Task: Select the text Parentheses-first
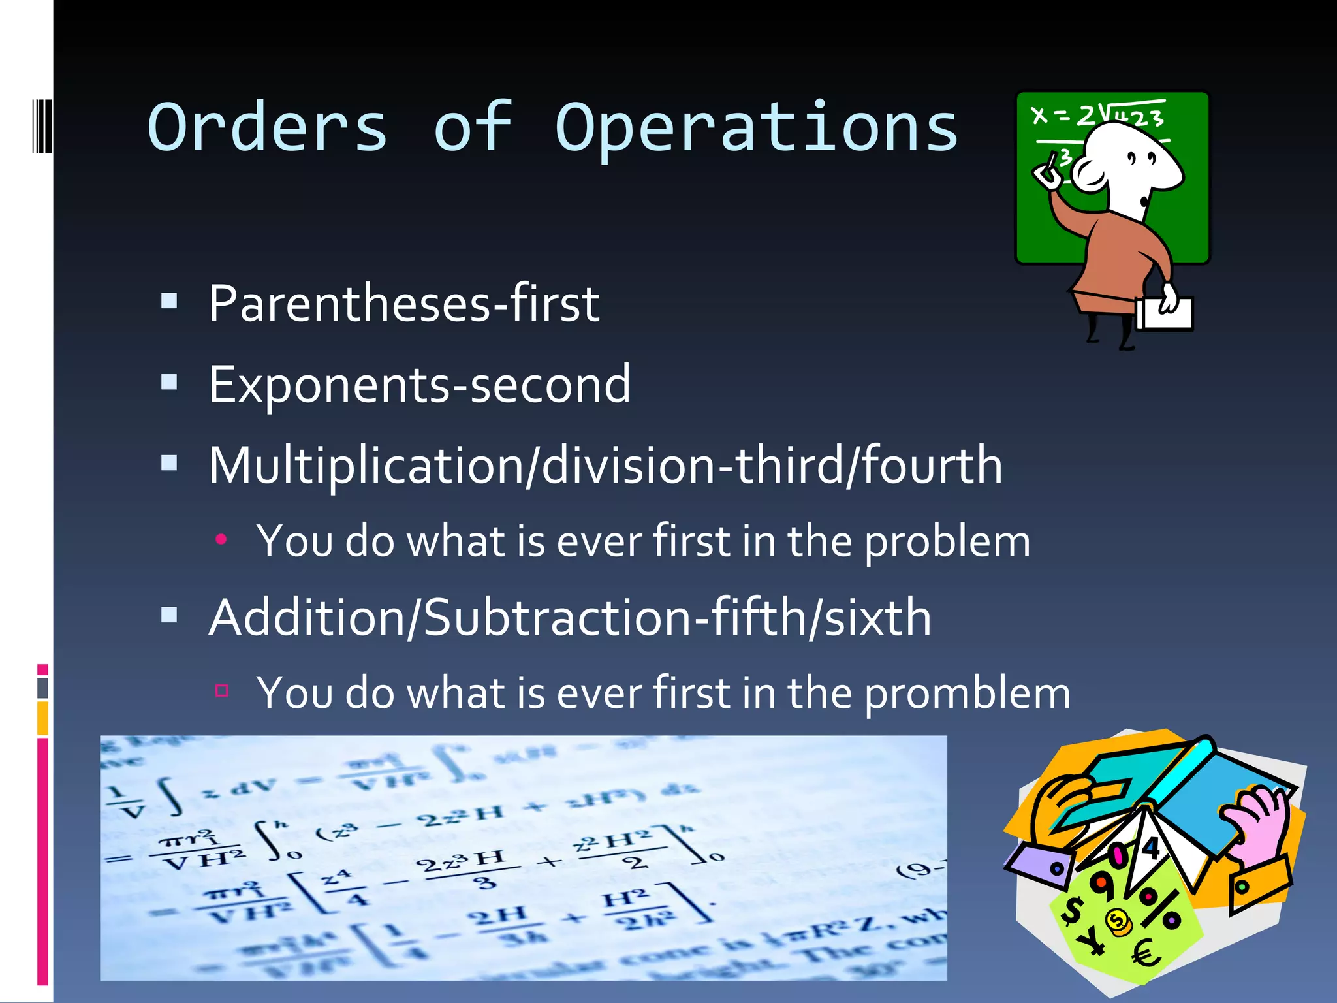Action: pyautogui.click(x=403, y=304)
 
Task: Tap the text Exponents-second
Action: pyautogui.click(x=419, y=385)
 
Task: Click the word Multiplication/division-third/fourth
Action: pyautogui.click(x=605, y=466)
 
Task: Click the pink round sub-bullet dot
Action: pyautogui.click(x=221, y=539)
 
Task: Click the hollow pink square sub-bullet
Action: pyautogui.click(x=221, y=690)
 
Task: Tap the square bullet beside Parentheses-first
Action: pyautogui.click(x=169, y=300)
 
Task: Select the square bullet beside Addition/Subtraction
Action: pyautogui.click(x=169, y=614)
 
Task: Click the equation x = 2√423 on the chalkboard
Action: pyautogui.click(x=1097, y=116)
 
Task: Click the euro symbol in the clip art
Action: pyautogui.click(x=1146, y=954)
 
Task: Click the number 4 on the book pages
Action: pyautogui.click(x=1150, y=848)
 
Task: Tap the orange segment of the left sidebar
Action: pyautogui.click(x=42, y=717)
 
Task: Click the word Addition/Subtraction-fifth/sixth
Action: pyautogui.click(x=569, y=618)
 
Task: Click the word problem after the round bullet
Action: pyautogui.click(x=947, y=542)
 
